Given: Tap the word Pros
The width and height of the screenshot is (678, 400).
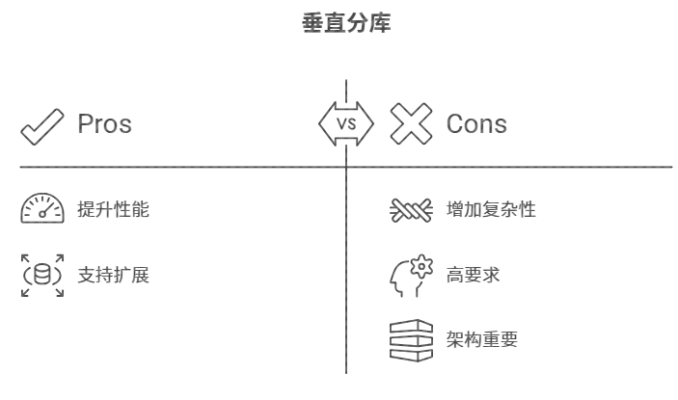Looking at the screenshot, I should click(104, 123).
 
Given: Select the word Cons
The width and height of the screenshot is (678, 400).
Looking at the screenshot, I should click(476, 123).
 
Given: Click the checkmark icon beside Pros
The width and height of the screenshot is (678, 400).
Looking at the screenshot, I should click(42, 125).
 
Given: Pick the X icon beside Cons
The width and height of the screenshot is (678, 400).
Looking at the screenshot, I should click(411, 123).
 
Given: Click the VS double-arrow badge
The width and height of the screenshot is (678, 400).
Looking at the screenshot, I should click(346, 123).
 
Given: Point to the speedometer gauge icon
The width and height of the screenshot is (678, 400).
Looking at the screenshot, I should click(42, 209).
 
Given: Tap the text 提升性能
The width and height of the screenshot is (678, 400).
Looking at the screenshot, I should click(114, 209).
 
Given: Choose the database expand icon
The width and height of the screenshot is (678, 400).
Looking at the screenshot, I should click(42, 275).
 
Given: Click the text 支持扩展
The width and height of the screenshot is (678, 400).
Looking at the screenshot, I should click(114, 275).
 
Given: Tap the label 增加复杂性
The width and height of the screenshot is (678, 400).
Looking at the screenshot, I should click(491, 209).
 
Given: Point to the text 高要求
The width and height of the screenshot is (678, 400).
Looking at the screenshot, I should click(473, 276).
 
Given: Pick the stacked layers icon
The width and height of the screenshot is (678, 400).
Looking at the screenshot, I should click(410, 339).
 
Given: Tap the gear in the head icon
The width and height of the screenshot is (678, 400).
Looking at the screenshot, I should click(421, 267).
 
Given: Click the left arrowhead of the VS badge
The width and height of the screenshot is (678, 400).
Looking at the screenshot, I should click(325, 123).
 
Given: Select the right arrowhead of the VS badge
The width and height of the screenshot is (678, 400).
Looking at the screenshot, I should click(367, 123).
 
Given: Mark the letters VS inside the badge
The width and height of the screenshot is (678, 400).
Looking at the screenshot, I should click(346, 123).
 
